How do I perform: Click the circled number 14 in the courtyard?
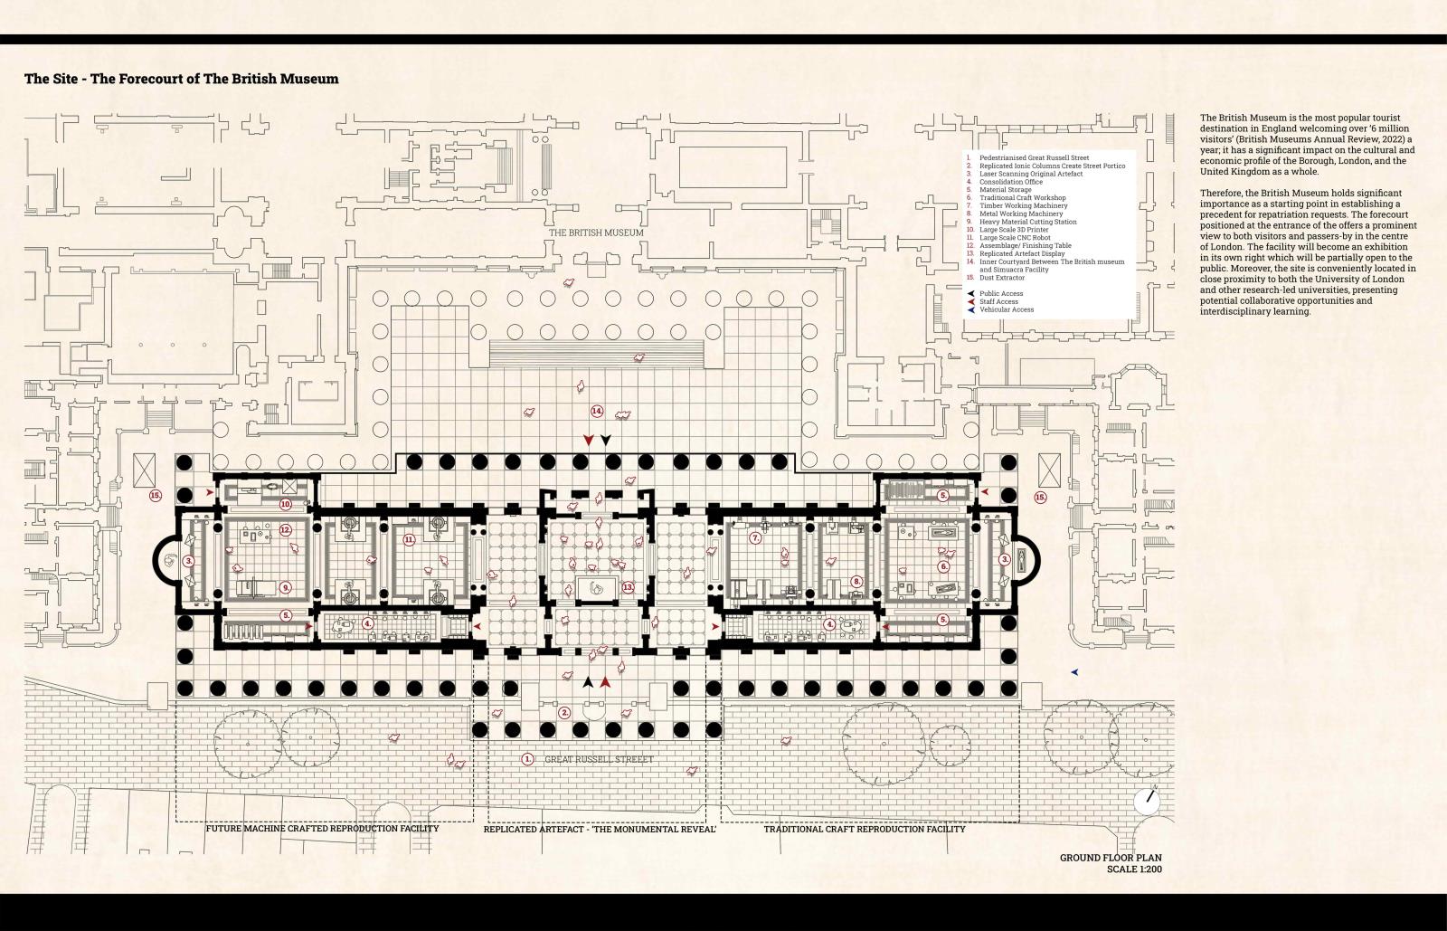point(597,411)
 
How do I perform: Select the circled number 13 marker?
point(628,587)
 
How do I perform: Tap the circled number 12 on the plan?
point(285,530)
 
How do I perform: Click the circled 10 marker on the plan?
point(285,504)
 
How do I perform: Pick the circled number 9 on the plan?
point(285,587)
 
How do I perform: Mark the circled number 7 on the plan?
point(756,537)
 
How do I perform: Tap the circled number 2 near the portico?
point(565,712)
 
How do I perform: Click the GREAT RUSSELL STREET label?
point(598,759)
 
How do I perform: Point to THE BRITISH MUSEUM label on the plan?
point(596,233)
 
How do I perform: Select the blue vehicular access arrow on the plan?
point(1074,672)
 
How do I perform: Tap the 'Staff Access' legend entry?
point(998,301)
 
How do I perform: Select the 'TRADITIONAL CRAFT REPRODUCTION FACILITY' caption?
point(864,829)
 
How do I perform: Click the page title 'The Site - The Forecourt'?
point(181,79)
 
